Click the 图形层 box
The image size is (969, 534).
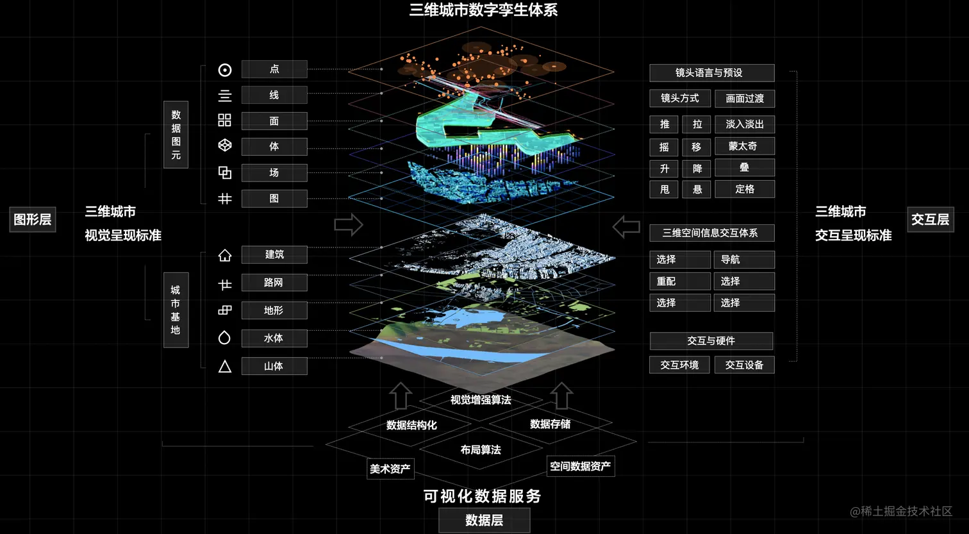click(33, 219)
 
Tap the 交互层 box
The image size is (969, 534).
click(930, 219)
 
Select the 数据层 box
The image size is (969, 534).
click(484, 521)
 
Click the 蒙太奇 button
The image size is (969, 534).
click(744, 146)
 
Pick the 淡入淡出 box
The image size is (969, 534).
click(744, 124)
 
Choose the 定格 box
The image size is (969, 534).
click(744, 189)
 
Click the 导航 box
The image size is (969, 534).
click(744, 260)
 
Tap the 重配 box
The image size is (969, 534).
click(679, 281)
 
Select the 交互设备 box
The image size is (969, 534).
click(744, 365)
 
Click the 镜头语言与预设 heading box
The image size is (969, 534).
click(711, 73)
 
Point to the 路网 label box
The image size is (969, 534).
click(274, 283)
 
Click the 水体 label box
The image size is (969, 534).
click(274, 338)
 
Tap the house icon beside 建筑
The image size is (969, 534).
click(225, 255)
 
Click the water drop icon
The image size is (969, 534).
click(224, 337)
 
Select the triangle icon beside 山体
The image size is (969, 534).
click(225, 367)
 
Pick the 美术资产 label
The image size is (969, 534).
click(390, 469)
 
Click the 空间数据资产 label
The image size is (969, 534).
click(581, 466)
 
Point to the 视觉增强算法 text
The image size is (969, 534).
click(481, 400)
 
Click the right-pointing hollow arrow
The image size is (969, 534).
click(349, 225)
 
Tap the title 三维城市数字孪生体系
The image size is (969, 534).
click(484, 10)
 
